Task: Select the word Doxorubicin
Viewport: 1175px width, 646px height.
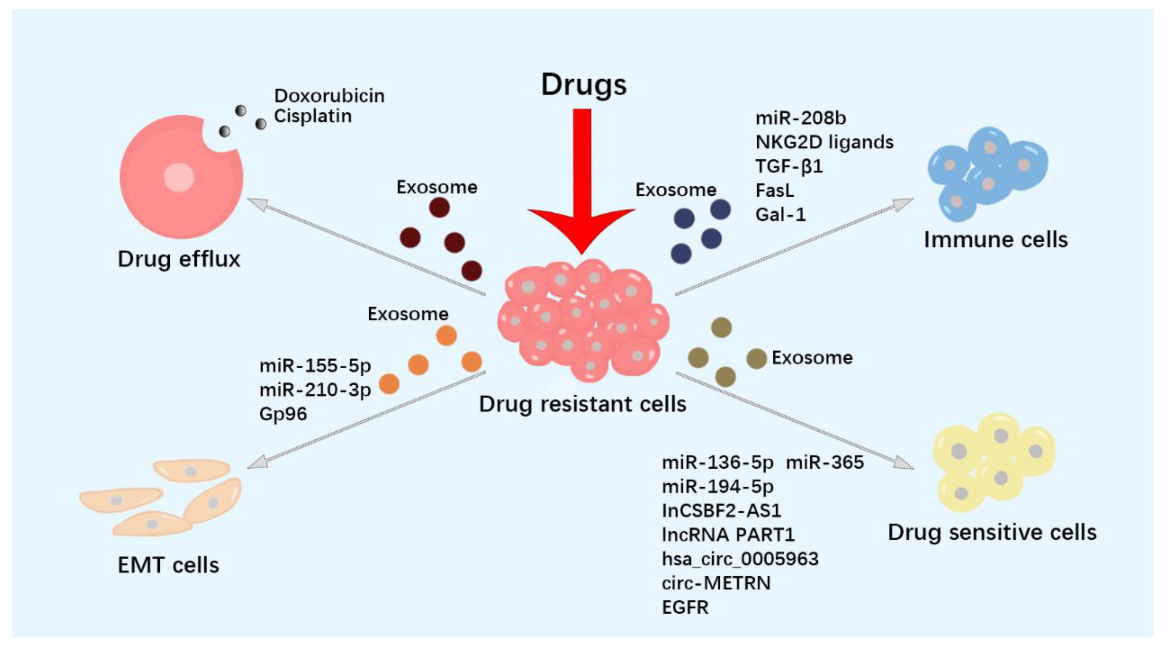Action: [x=329, y=96]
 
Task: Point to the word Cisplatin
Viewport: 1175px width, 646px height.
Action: [x=312, y=116]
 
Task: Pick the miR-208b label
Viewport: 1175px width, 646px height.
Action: [x=800, y=118]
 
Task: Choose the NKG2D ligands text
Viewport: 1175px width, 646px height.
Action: [x=824, y=142]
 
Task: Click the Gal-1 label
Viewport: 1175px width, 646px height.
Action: [x=780, y=214]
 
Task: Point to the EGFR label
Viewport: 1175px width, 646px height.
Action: [x=685, y=608]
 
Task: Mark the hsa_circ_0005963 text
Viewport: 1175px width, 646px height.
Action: [x=740, y=559]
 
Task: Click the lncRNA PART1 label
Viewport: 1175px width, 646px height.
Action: [x=728, y=535]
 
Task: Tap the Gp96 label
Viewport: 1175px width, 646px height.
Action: [x=283, y=414]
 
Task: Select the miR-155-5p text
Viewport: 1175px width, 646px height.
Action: [x=315, y=366]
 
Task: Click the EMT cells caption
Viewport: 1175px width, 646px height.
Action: [x=168, y=566]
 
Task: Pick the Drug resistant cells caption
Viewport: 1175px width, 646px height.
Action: [x=582, y=404]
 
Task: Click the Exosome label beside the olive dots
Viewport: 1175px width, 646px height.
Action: [x=812, y=358]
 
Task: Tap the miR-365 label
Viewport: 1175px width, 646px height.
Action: [x=825, y=463]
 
